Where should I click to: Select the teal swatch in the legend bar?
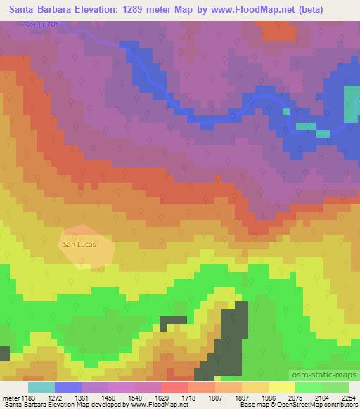point(41,387)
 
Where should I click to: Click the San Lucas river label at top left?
point(39,25)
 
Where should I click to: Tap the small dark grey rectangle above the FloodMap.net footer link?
point(173,323)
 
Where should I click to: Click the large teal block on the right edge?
point(352,104)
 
